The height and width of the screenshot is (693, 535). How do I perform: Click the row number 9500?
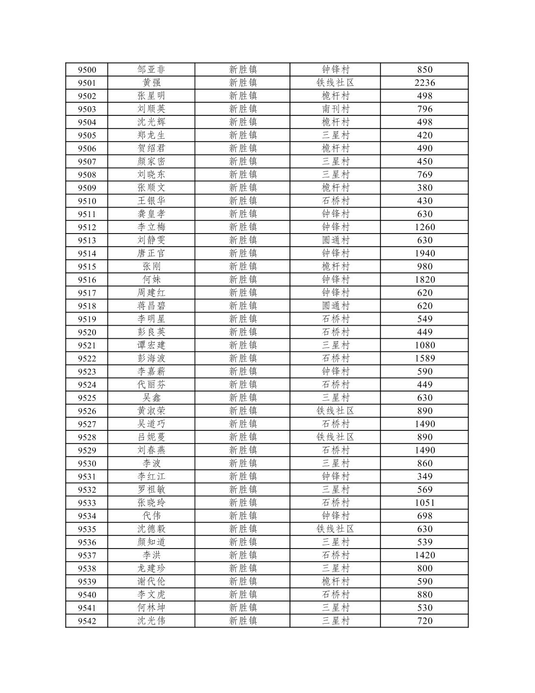coord(87,70)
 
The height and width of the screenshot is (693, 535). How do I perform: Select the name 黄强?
coord(151,83)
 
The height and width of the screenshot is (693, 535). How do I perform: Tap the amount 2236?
coord(424,83)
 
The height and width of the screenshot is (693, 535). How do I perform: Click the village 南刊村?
coord(335,109)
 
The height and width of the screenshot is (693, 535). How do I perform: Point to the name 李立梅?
coord(151,227)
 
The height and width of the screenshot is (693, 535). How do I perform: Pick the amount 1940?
coord(424,253)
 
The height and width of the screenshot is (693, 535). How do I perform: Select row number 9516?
coord(87,280)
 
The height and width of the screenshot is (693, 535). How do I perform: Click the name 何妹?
coord(151,280)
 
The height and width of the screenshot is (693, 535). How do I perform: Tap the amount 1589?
coord(424,359)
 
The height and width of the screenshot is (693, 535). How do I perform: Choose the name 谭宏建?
coord(151,346)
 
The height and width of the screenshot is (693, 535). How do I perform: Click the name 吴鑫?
coord(151,398)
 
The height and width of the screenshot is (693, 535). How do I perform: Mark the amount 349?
coord(424,477)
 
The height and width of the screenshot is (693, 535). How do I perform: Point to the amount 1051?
coord(424,503)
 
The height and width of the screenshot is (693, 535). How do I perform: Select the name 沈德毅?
coord(151,529)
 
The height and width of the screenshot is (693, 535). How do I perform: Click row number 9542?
coord(87,621)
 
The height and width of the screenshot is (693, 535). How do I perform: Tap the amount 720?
coord(424,621)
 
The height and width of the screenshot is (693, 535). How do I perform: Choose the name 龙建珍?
coord(151,568)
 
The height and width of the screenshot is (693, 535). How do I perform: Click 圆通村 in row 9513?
coord(335,240)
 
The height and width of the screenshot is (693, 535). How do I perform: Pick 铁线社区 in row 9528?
coord(335,437)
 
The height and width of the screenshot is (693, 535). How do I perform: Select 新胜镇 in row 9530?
coord(243,464)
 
